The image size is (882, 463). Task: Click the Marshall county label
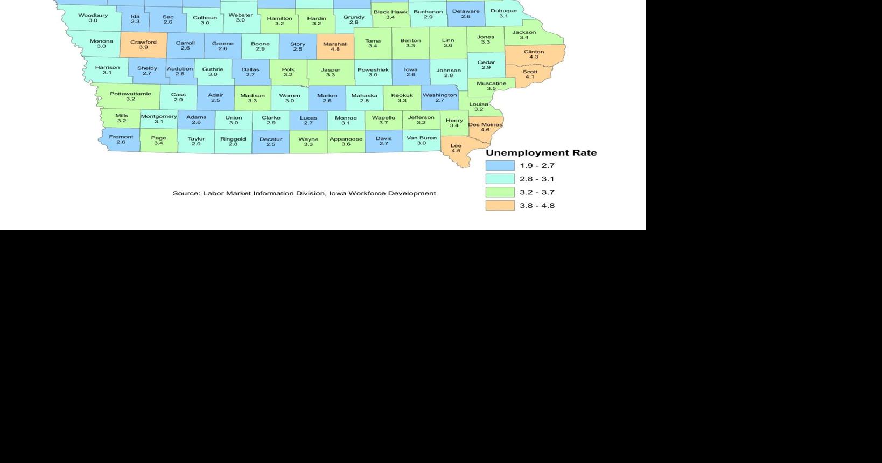(335, 44)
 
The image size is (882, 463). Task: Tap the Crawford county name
(143, 42)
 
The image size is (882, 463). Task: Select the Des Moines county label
(485, 125)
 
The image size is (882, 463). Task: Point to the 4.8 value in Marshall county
(335, 50)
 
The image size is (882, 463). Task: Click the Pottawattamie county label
(130, 94)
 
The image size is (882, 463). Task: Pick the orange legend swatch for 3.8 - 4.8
(500, 205)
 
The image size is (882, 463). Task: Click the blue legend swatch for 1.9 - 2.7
(500, 166)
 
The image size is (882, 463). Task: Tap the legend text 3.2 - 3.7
(537, 192)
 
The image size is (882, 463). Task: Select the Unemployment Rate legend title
(541, 153)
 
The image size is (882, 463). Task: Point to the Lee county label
(456, 145)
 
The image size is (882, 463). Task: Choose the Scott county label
(530, 72)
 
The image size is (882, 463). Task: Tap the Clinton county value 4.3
(534, 57)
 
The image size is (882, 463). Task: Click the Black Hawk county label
(390, 12)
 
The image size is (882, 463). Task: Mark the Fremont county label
(121, 137)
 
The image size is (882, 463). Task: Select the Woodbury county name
(93, 15)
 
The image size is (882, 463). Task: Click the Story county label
(298, 44)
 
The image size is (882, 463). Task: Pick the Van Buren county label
(422, 138)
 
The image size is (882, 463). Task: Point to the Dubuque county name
(503, 11)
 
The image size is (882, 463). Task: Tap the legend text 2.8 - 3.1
(537, 179)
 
